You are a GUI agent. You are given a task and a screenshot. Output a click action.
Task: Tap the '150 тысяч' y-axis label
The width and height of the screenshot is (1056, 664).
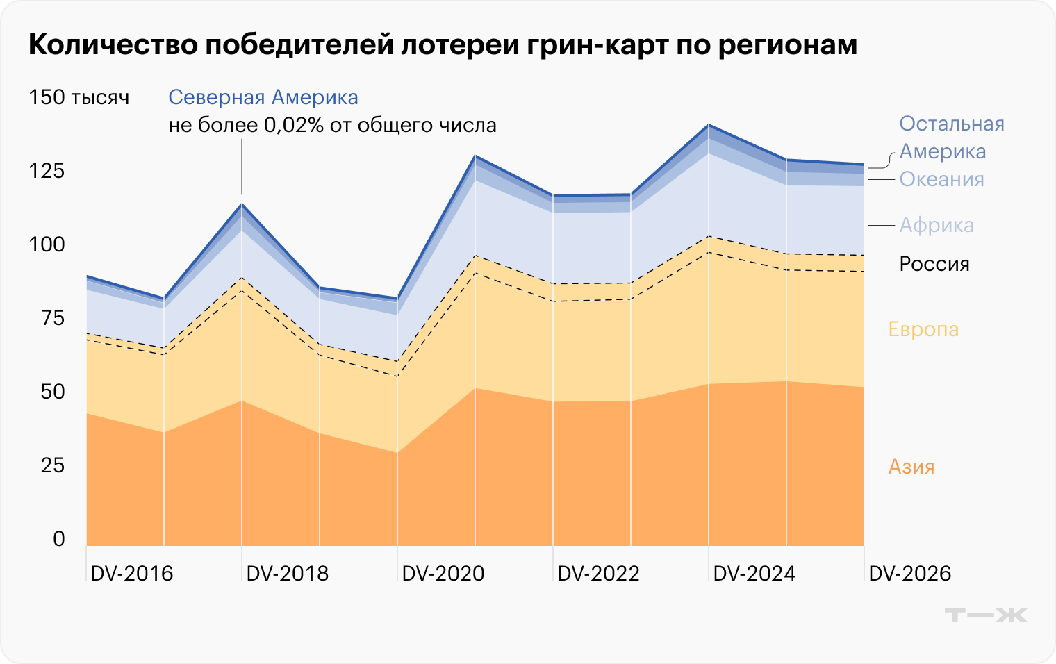[79, 97]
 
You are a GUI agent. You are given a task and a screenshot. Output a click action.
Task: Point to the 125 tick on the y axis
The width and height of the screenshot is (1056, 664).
[47, 171]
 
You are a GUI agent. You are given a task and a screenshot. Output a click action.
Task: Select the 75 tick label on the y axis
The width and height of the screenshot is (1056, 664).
[53, 318]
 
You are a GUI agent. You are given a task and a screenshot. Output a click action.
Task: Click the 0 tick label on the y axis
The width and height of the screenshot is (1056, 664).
[59, 539]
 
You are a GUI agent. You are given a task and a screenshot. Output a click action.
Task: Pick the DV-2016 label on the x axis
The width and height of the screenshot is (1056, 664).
[132, 574]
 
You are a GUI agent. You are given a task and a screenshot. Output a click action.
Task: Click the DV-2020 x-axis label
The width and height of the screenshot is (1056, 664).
[443, 574]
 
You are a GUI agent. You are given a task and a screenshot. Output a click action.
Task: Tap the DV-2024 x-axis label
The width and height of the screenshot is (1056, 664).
[754, 574]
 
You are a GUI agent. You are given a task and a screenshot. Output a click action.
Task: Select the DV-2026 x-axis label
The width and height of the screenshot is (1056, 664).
[910, 574]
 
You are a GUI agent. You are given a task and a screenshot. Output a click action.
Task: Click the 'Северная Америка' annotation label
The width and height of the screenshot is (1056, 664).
[263, 97]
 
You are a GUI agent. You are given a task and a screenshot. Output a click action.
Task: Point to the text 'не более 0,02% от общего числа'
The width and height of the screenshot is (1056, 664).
[332, 126]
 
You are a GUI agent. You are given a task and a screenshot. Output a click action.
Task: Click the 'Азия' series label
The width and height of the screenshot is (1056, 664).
[911, 467]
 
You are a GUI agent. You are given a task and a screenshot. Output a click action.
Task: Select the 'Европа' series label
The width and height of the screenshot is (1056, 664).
[923, 329]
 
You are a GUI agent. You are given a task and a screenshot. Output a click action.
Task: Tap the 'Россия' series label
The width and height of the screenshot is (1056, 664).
[934, 264]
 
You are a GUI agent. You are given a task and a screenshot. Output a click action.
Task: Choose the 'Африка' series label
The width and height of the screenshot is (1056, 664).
[937, 225]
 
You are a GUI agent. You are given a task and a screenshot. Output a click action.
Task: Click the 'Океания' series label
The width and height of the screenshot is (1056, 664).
[942, 179]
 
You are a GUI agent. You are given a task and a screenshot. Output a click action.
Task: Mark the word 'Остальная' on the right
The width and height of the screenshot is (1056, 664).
[952, 124]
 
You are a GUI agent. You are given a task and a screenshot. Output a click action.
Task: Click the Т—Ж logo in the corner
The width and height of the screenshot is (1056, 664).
[986, 615]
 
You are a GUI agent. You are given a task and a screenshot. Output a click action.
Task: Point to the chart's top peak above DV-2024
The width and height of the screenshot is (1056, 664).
[709, 125]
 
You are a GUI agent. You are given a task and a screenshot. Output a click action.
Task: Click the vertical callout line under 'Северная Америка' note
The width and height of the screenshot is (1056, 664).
[241, 167]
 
